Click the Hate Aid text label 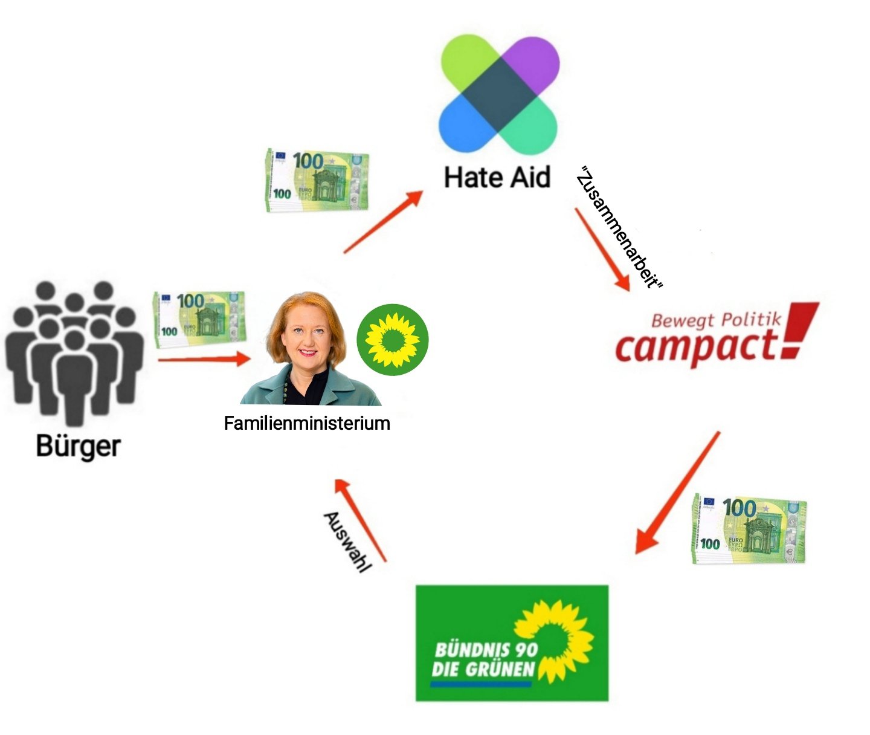[x=497, y=177]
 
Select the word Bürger [x=78, y=446]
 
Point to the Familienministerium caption [x=307, y=423]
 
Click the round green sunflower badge [x=392, y=339]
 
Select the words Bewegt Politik [x=716, y=319]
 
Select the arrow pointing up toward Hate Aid [x=384, y=221]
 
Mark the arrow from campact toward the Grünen [x=677, y=493]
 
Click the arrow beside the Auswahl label [x=361, y=520]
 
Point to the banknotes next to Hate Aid [x=317, y=180]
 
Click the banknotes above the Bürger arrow [x=199, y=319]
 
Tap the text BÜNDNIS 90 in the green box [x=486, y=650]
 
